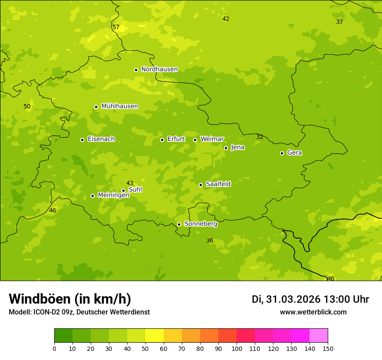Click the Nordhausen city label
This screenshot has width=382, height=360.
click(x=159, y=69)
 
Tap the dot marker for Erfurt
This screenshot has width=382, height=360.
click(x=162, y=140)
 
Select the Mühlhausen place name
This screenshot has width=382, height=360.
click(x=119, y=106)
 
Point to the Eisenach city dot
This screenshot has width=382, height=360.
click(x=82, y=140)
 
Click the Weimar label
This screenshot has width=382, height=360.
click(x=212, y=139)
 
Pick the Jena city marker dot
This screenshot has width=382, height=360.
click(x=226, y=148)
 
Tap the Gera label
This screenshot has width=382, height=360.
click(x=294, y=153)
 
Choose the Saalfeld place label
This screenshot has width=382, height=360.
click(x=218, y=184)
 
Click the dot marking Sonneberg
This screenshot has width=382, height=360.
click(x=179, y=224)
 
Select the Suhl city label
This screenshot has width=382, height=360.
click(x=135, y=190)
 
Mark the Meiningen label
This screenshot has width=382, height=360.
click(x=113, y=195)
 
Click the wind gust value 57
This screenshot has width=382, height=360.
click(x=116, y=27)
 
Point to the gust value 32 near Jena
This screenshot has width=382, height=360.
click(x=260, y=137)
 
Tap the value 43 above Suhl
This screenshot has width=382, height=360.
click(x=130, y=183)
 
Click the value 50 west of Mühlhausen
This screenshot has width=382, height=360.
click(x=27, y=106)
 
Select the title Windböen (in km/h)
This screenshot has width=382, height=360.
click(x=70, y=299)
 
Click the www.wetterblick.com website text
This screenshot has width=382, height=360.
click(x=313, y=312)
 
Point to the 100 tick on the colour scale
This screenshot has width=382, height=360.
click(x=237, y=348)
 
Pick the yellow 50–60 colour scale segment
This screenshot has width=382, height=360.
click(x=155, y=336)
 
